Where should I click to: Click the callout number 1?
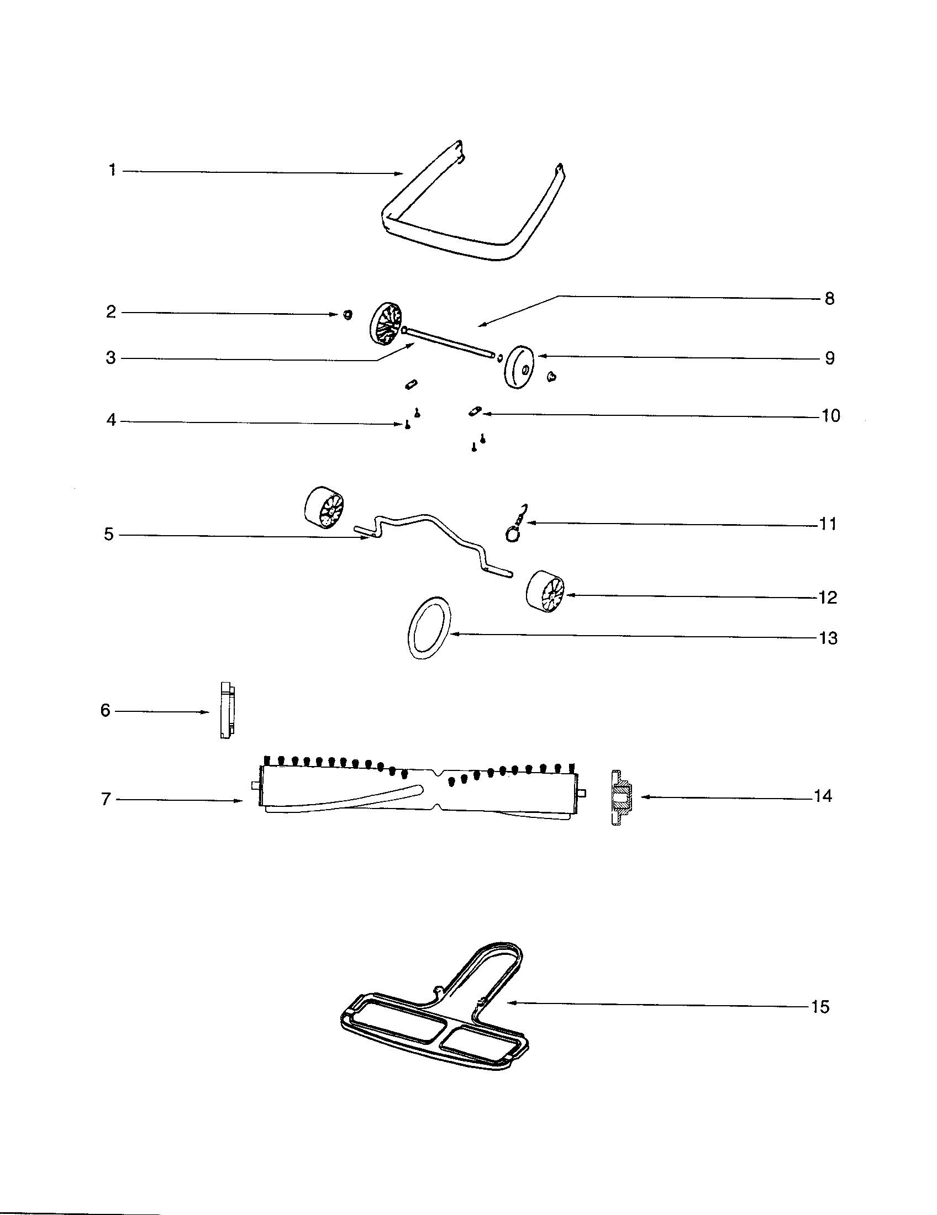click(112, 170)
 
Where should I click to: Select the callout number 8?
click(829, 299)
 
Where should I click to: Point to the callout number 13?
click(828, 638)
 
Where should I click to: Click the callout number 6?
click(105, 710)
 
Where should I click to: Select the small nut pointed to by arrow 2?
click(348, 315)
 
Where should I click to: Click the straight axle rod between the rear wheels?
click(451, 340)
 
